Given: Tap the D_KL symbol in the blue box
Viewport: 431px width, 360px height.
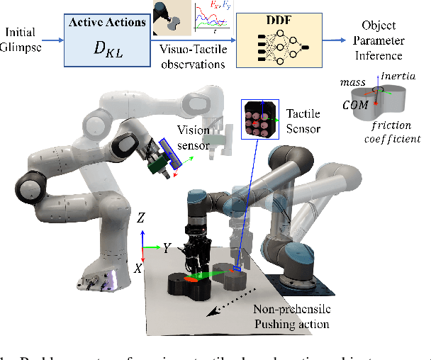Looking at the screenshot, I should [x=106, y=50].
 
